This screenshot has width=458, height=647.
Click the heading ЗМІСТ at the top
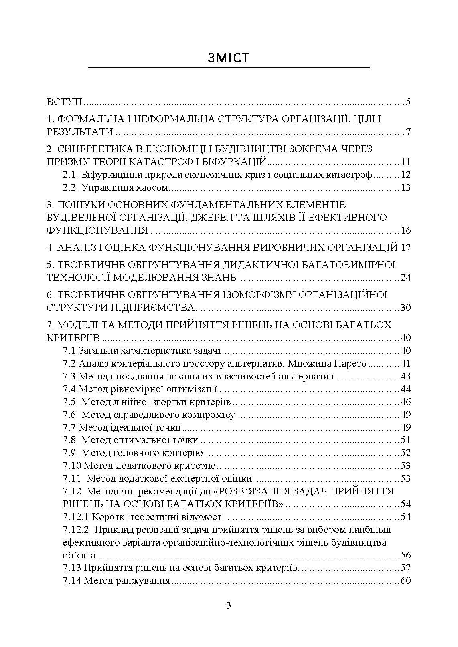(x=229, y=58)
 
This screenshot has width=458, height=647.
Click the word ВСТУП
(x=65, y=101)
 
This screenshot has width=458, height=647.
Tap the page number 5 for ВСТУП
(x=408, y=101)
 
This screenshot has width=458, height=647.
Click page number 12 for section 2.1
(x=405, y=175)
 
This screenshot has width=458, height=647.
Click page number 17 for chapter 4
(x=405, y=247)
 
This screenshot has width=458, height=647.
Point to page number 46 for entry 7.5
(x=405, y=402)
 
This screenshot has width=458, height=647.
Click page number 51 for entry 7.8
(x=405, y=440)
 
